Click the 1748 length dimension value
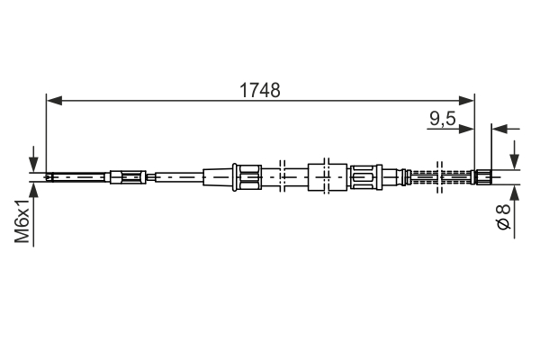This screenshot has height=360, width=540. pyautogui.click(x=259, y=90)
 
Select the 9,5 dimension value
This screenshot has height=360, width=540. pyautogui.click(x=441, y=117)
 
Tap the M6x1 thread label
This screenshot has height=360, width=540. pyautogui.click(x=23, y=225)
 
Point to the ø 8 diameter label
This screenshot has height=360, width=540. pyautogui.click(x=505, y=220)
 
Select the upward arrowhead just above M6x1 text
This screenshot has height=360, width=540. pyautogui.click(x=34, y=187)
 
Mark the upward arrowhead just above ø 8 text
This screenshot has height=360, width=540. pyautogui.click(x=515, y=191)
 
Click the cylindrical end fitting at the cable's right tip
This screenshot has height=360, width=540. pyautogui.click(x=482, y=176)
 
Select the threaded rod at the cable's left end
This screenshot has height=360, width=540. pyautogui.click(x=76, y=176)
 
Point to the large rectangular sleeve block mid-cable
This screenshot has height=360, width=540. pyautogui.click(x=326, y=175)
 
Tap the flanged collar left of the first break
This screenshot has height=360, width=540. pyautogui.click(x=247, y=175)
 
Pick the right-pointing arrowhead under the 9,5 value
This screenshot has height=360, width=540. pyautogui.click(x=467, y=130)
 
